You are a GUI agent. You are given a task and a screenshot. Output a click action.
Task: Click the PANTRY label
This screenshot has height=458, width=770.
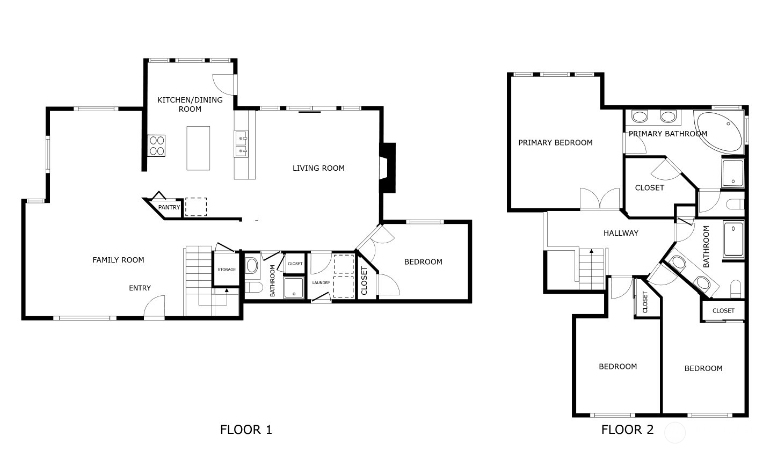click(x=169, y=207)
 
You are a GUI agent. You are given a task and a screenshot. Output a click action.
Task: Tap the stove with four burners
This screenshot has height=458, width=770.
click(x=156, y=146)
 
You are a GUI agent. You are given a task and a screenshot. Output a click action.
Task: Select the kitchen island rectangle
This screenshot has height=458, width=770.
click(x=198, y=148)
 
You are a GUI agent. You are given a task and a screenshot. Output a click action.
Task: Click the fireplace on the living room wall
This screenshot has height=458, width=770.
click(x=388, y=168)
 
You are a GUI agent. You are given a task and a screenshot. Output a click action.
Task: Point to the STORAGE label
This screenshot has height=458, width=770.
click(x=227, y=270)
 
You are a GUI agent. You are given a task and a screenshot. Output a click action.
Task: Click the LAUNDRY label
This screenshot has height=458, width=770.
click(x=321, y=282)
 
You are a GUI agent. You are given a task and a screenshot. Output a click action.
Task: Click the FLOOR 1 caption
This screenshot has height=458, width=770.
click(x=246, y=430)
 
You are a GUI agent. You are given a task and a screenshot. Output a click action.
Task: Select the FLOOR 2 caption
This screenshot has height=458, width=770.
click(x=627, y=430)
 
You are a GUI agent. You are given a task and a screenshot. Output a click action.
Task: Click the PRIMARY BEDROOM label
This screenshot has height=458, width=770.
click(x=556, y=143)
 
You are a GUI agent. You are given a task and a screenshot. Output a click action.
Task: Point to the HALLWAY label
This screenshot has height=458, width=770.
click(x=621, y=233)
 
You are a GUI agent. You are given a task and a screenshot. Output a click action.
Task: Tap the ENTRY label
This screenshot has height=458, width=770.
click(x=140, y=288)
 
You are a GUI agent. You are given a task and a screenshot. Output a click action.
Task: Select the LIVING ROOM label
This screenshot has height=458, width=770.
click(x=318, y=168)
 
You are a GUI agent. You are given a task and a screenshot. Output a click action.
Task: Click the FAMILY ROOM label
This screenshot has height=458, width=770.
click(x=118, y=260)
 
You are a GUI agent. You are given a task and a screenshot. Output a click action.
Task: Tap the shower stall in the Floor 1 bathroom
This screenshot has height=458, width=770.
click(x=294, y=287)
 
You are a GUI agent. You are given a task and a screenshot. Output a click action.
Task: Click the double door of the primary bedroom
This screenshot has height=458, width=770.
click(x=600, y=199)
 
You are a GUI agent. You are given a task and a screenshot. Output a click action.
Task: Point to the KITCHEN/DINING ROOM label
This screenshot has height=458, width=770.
click(x=190, y=105)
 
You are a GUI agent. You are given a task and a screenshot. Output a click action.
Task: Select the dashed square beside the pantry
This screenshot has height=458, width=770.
click(x=196, y=207)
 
